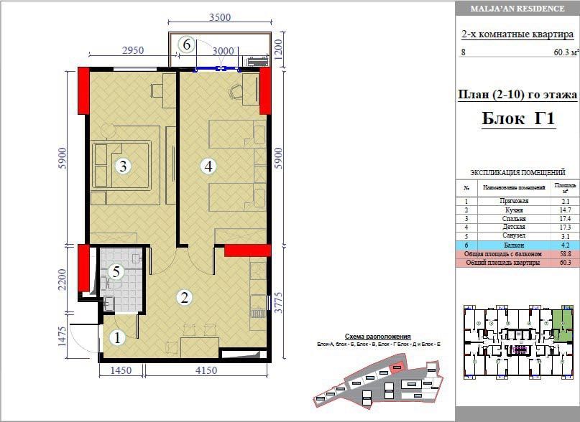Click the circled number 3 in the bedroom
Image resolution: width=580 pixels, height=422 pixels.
(124, 167)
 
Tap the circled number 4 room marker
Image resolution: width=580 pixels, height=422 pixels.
(208, 167)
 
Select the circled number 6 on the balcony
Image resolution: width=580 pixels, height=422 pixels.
(186, 44)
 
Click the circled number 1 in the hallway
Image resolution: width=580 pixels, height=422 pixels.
(114, 335)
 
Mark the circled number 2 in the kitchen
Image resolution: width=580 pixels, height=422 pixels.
(185, 296)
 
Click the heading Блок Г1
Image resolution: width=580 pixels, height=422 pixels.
(517, 119)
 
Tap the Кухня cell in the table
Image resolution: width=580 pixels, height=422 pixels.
(514, 210)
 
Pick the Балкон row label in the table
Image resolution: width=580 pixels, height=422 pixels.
(514, 245)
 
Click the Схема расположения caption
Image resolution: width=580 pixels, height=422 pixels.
(377, 336)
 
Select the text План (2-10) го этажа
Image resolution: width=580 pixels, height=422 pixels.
(517, 93)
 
